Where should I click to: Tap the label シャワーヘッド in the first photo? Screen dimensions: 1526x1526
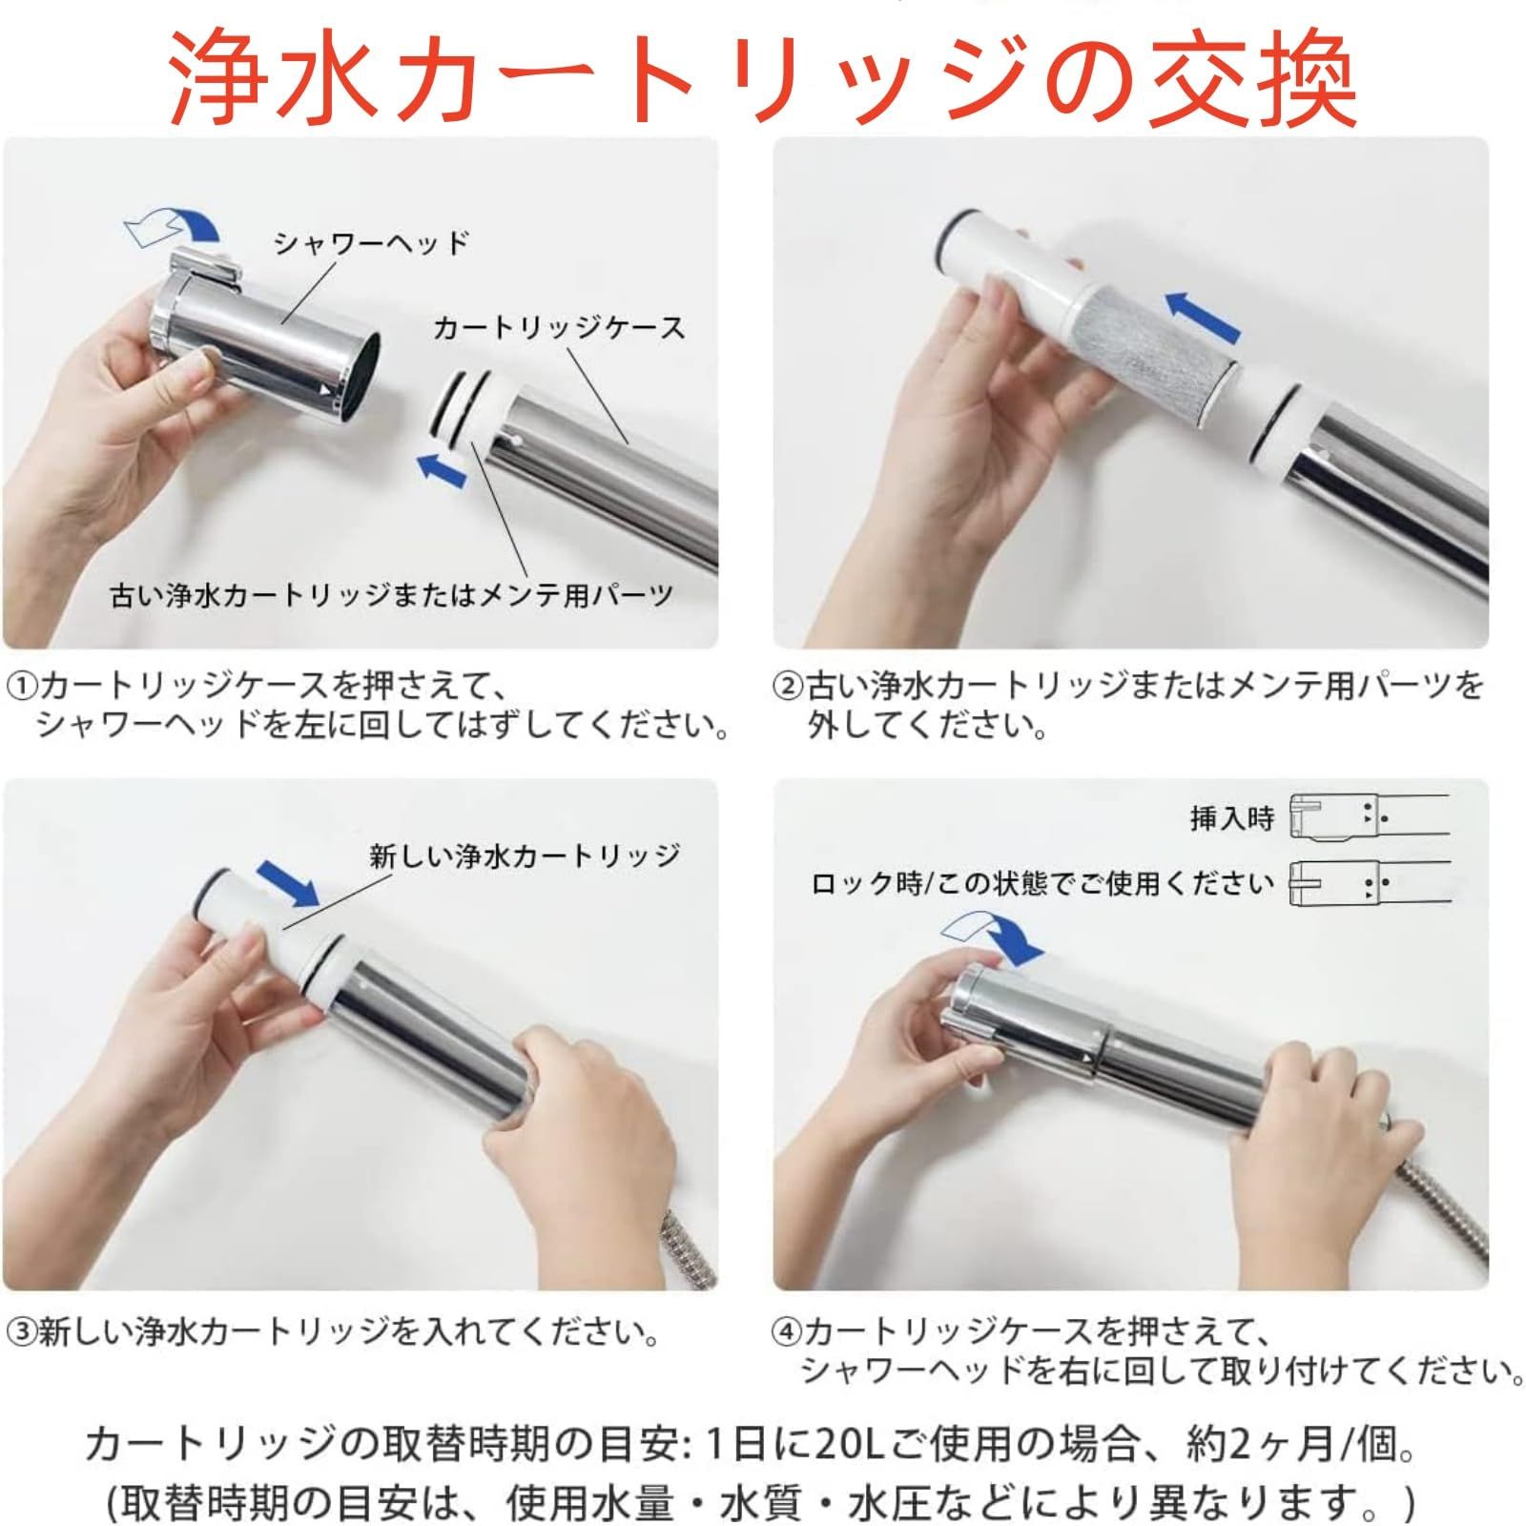(372, 243)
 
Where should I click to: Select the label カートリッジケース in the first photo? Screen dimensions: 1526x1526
(559, 328)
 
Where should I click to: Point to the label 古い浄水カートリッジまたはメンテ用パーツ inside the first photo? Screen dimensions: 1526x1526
(392, 596)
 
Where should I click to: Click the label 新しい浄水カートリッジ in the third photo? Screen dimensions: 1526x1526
(526, 856)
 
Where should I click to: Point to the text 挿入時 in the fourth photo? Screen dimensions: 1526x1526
(1231, 818)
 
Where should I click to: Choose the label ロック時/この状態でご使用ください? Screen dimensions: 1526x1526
(1042, 884)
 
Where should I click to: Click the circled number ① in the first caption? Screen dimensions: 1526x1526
(22, 686)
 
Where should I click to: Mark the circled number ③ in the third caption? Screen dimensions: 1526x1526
(22, 1331)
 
